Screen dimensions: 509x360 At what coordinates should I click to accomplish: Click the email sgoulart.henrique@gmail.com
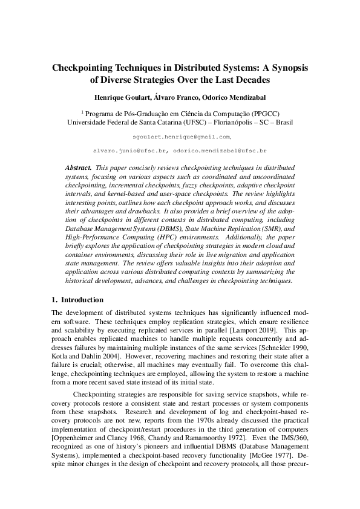pos(179,137)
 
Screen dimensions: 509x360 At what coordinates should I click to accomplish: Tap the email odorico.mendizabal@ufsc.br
pos(220,148)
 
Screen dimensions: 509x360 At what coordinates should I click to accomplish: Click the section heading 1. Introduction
pos(77,300)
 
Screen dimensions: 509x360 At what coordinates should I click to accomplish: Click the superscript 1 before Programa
pos(82,111)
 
